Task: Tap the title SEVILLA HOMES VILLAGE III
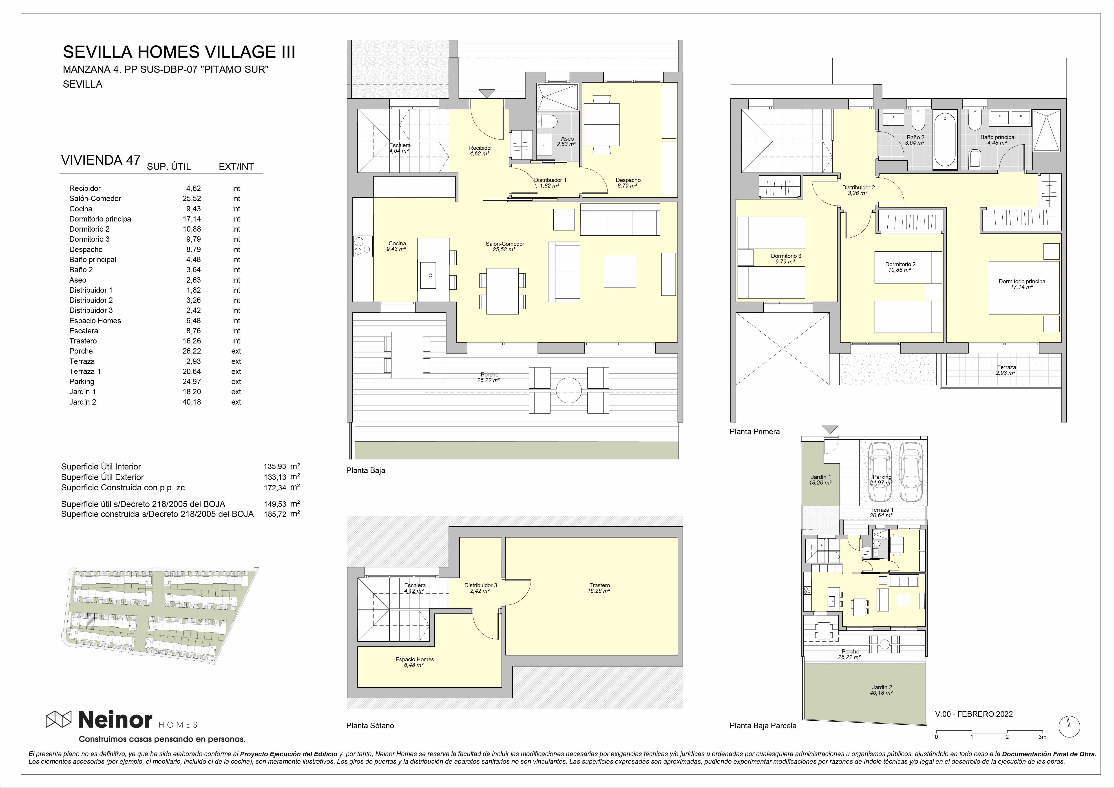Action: point(179,52)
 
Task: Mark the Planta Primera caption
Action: point(754,431)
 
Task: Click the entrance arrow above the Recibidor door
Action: point(487,94)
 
